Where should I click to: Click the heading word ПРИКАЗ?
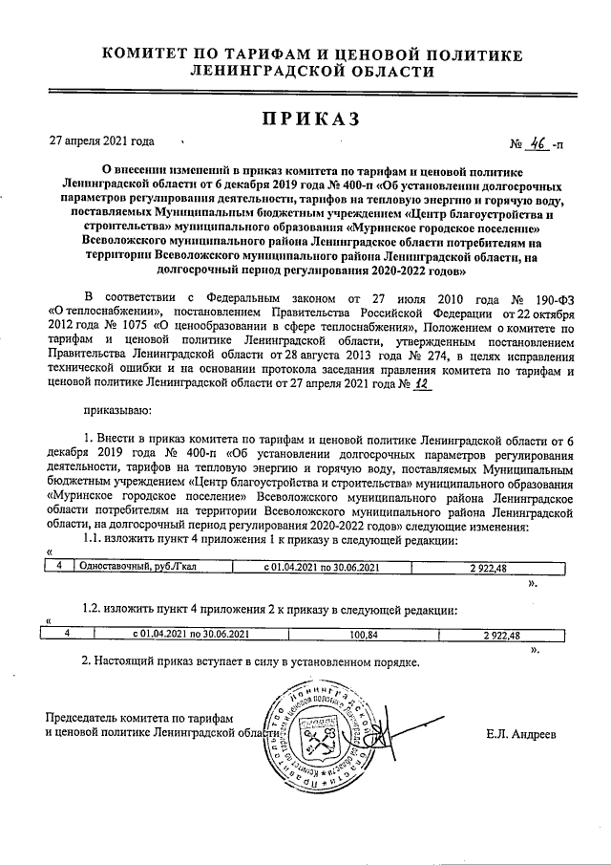(305, 119)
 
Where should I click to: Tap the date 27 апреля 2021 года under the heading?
(102, 141)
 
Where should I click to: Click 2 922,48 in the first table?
(488, 568)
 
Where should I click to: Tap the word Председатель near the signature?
(84, 718)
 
